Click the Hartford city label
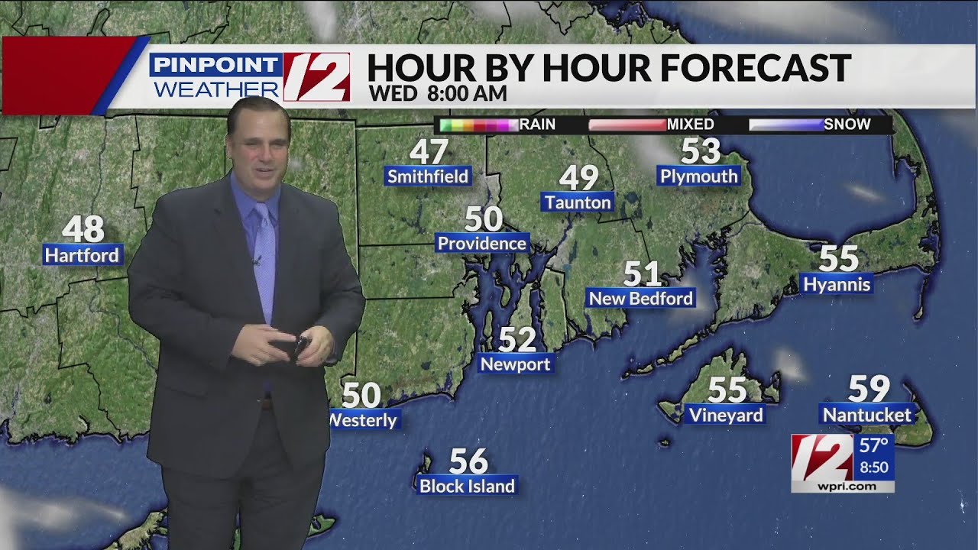[x=83, y=254]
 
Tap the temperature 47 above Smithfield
[x=428, y=152]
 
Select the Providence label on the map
[x=482, y=243]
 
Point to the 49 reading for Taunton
[x=578, y=178]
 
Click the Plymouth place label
[x=698, y=176]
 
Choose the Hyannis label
[x=837, y=284]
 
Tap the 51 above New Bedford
[x=642, y=273]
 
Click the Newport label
[x=515, y=364]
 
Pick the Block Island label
[x=467, y=485]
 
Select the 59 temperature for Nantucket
[x=869, y=389]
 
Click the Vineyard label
[x=726, y=415]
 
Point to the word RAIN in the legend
[x=537, y=125]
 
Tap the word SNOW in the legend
[x=847, y=125]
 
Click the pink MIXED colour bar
[x=627, y=125]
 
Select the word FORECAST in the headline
[x=755, y=68]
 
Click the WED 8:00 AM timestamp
[x=437, y=93]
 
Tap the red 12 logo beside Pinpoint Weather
[x=316, y=76]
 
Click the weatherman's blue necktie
[x=264, y=260]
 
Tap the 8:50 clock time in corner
[x=874, y=467]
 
